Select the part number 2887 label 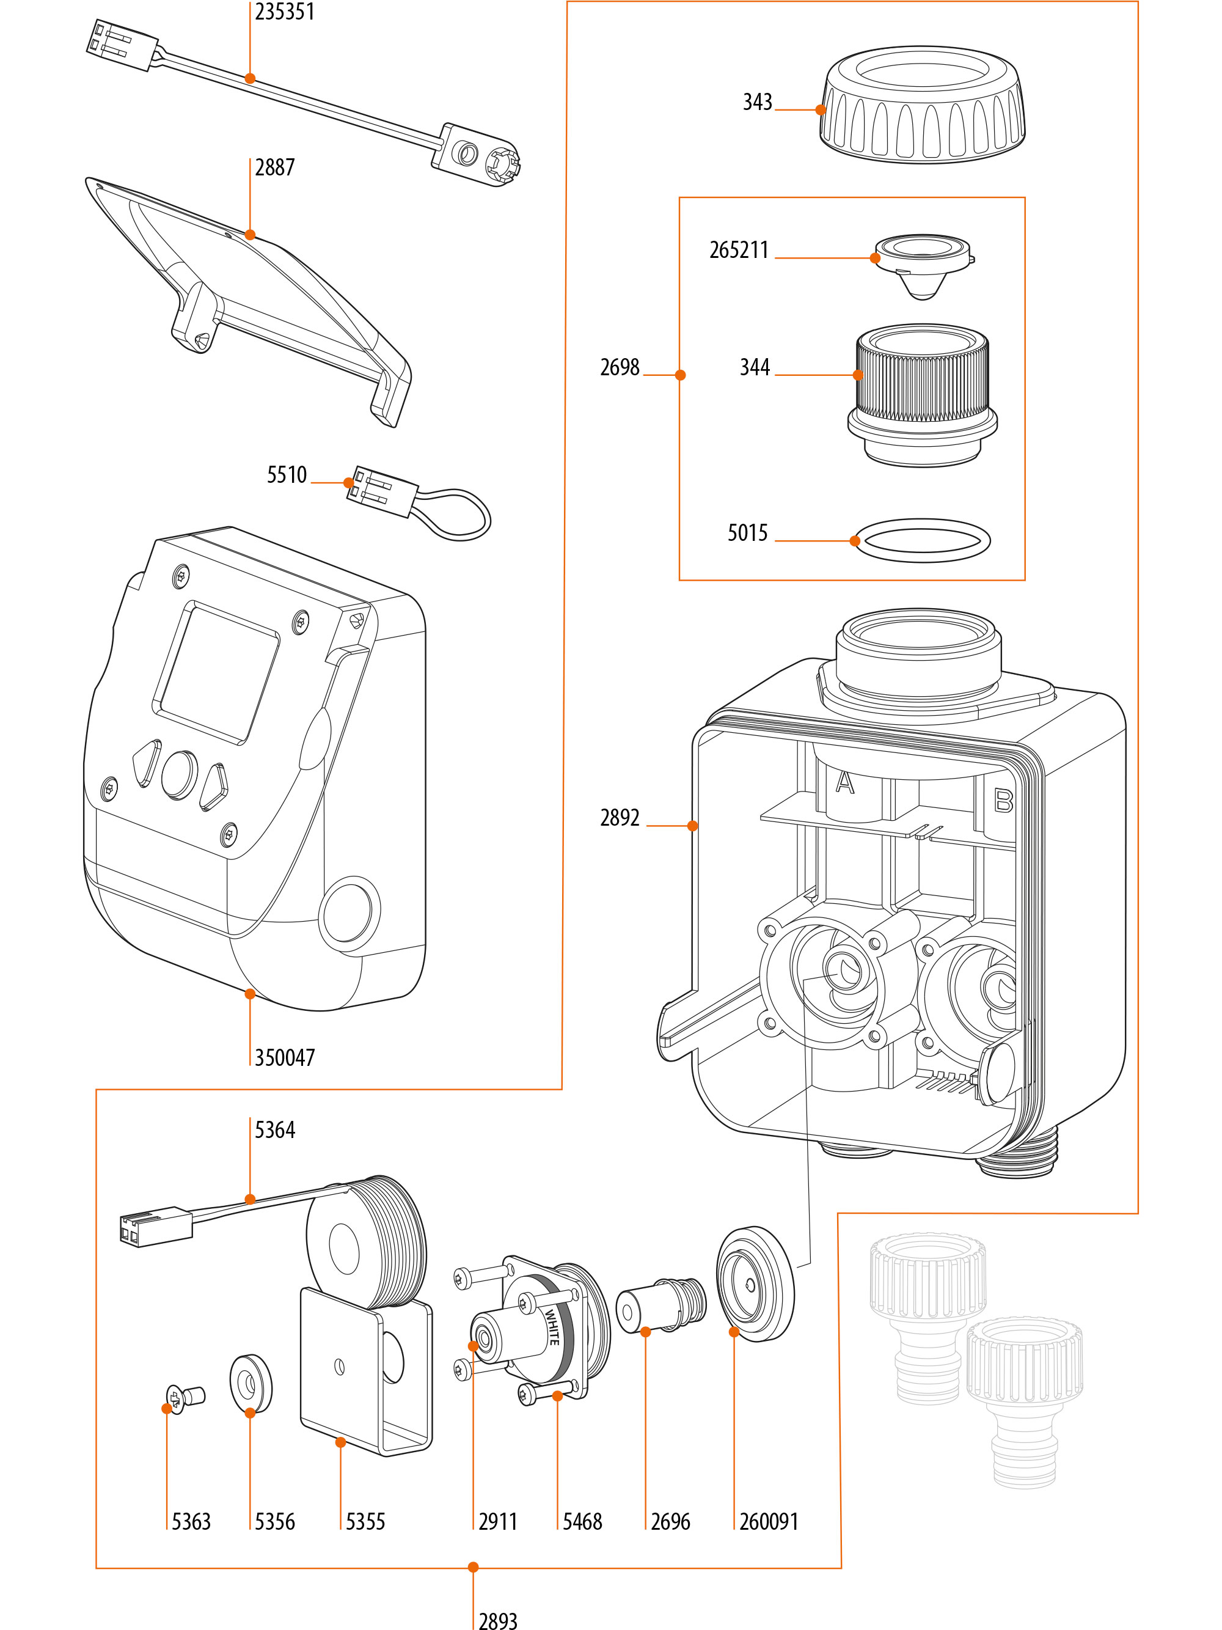pos(275,167)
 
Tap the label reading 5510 pos(287,474)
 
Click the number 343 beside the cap pos(757,101)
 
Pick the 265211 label pos(739,250)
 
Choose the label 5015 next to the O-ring pos(748,533)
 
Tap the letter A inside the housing pos(844,782)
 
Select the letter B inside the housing pos(1003,800)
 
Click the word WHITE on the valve pos(552,1326)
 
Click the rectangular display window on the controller pos(216,673)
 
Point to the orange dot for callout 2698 pos(681,375)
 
